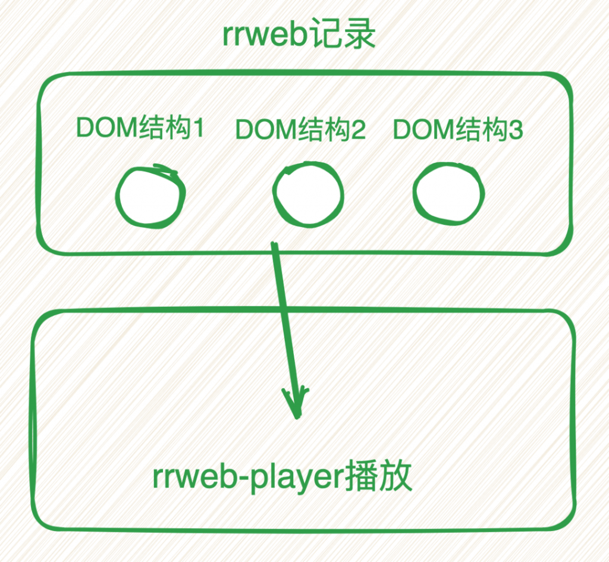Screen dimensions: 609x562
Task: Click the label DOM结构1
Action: (140, 127)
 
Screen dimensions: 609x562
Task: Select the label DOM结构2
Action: (300, 129)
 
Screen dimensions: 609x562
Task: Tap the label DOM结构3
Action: (458, 129)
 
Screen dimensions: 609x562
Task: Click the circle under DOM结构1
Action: (118, 196)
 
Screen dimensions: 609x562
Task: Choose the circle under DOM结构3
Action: (415, 193)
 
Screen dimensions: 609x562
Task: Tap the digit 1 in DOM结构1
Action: (199, 128)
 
